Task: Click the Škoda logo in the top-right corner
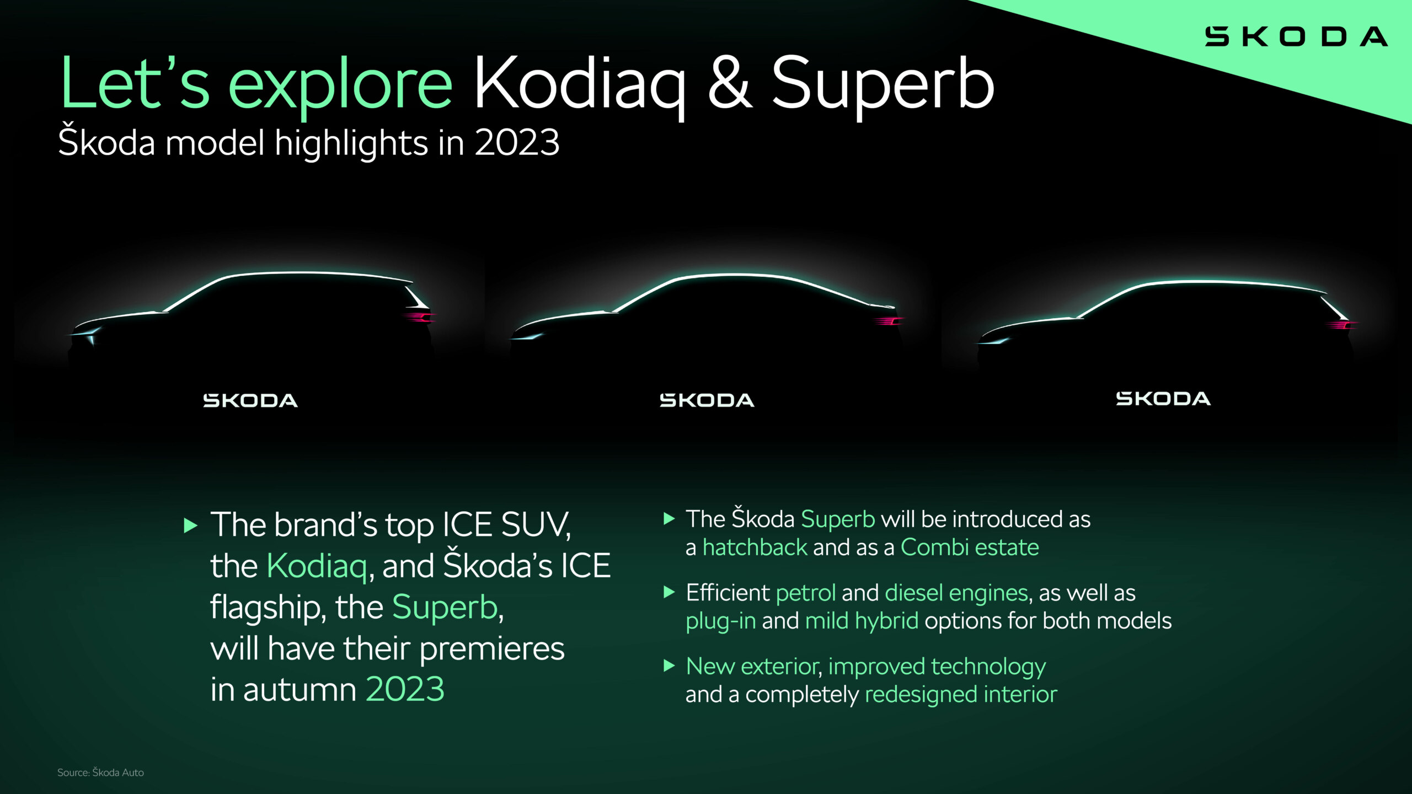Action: click(1296, 37)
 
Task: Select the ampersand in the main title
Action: click(729, 84)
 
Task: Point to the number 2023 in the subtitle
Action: click(517, 143)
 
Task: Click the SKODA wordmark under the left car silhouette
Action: click(250, 401)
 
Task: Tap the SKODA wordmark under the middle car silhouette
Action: click(707, 400)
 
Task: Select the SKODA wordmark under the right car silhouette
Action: click(1163, 399)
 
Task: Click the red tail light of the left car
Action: click(419, 317)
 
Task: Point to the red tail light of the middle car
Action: click(888, 321)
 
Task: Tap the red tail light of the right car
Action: click(1343, 325)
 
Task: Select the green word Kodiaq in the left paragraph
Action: click(317, 566)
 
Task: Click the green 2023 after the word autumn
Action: click(405, 690)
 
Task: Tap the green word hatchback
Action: click(755, 548)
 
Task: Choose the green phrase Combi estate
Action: click(970, 548)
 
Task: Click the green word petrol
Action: click(805, 593)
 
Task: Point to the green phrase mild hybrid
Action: click(862, 621)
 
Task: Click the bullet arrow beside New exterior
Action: click(669, 666)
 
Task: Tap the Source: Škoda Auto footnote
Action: click(100, 772)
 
